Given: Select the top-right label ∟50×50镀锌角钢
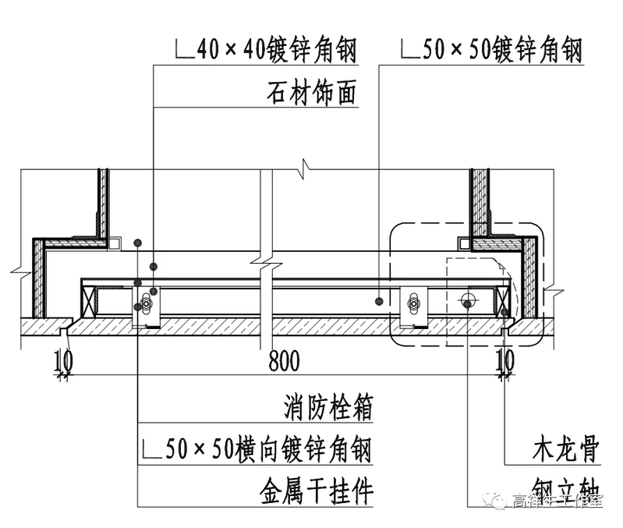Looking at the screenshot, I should (x=491, y=51).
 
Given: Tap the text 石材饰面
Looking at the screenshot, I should (x=311, y=94).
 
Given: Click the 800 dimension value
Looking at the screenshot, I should (x=285, y=360).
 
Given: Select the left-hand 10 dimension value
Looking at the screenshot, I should (x=65, y=360).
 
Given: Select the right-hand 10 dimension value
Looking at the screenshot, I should (x=505, y=360).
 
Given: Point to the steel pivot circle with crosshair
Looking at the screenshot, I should (x=469, y=299).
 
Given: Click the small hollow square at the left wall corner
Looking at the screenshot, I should (x=115, y=243).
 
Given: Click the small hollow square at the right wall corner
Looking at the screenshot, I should (x=465, y=243).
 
